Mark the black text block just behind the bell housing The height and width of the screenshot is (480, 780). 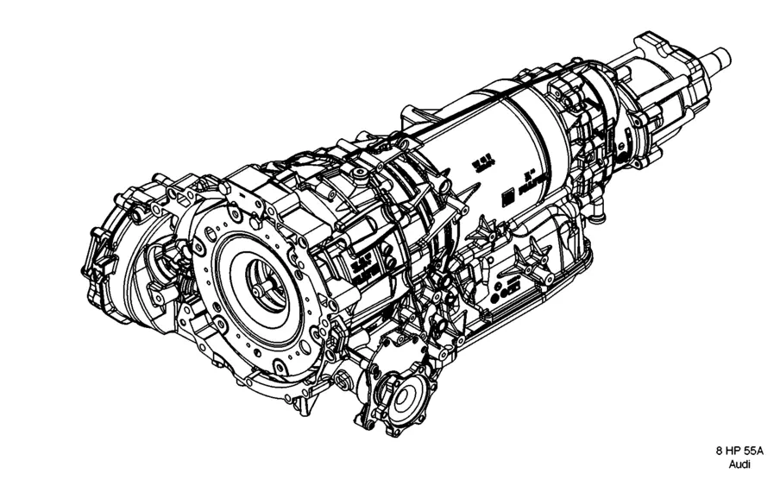[x=360, y=267]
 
